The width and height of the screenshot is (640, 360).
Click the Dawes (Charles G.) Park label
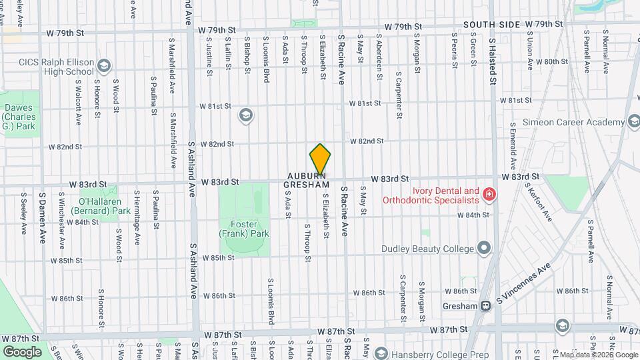pos(18,117)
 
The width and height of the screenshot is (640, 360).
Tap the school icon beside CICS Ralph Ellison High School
pos(103,65)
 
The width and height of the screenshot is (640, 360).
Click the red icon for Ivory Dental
pos(490,194)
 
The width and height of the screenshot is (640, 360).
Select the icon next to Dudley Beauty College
pos(485,249)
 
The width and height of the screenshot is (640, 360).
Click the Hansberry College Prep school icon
pos(381,353)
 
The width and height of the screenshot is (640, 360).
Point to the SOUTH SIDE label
pos(491,25)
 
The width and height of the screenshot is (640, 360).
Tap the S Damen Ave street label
pos(41,217)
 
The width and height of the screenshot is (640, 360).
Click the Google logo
pos(21,351)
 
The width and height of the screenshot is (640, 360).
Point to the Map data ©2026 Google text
pos(597,355)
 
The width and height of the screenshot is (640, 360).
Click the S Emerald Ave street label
pos(513,145)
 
